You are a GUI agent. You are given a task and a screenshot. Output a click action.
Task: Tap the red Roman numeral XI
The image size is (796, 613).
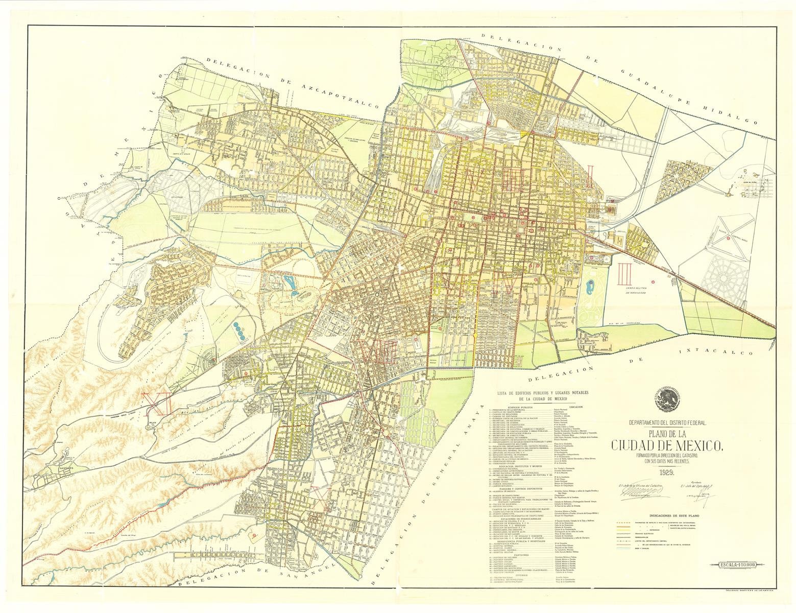152,403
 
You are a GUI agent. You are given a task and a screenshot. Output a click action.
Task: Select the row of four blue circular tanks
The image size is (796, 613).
238,328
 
